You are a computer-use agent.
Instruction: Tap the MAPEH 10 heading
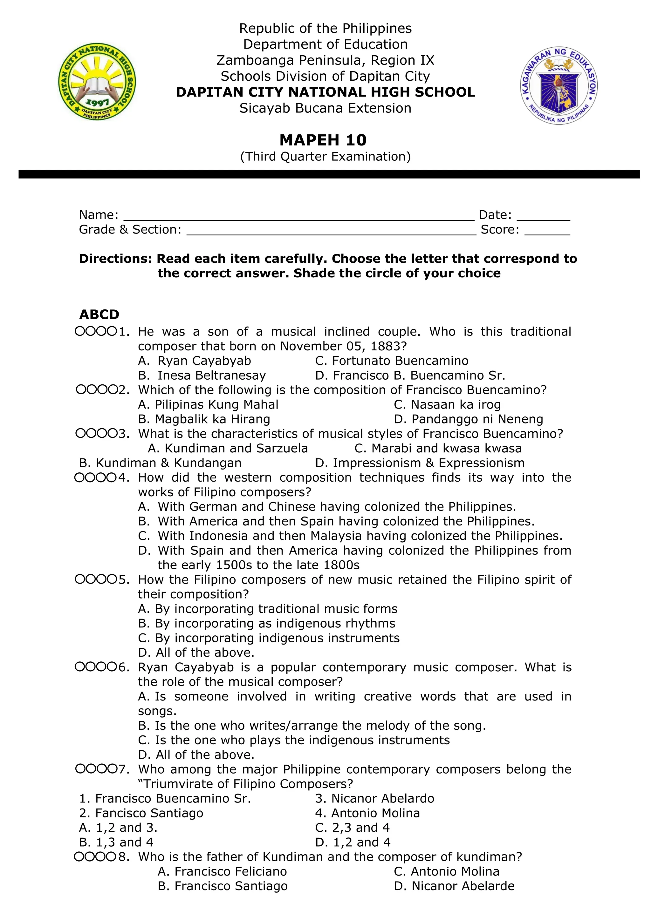coord(323,140)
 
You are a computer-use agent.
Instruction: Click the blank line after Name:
coord(299,216)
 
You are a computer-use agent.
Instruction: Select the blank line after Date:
coord(543,216)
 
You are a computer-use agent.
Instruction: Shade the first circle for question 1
coord(80,332)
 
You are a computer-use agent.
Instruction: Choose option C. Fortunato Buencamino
coord(392,361)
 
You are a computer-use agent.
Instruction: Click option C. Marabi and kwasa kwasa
coord(438,448)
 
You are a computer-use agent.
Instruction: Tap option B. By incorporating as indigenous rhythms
coord(267,624)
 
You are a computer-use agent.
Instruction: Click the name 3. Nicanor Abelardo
coord(374,799)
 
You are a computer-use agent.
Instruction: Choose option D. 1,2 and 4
coord(353,842)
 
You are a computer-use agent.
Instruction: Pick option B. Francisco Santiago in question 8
coord(223,886)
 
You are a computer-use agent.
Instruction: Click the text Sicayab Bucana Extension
coord(325,108)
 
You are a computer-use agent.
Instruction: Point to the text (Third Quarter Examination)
coord(325,156)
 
